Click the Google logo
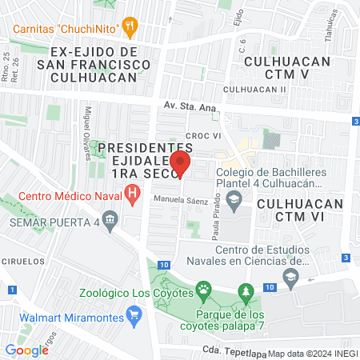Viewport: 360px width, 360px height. coord(26,350)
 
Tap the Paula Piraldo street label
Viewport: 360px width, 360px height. coord(215,222)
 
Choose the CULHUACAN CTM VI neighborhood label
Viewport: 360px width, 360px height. coord(301,204)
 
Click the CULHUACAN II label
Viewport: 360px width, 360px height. coord(255,89)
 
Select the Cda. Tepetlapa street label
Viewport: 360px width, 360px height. coord(233,350)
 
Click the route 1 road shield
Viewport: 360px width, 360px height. coord(10,289)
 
